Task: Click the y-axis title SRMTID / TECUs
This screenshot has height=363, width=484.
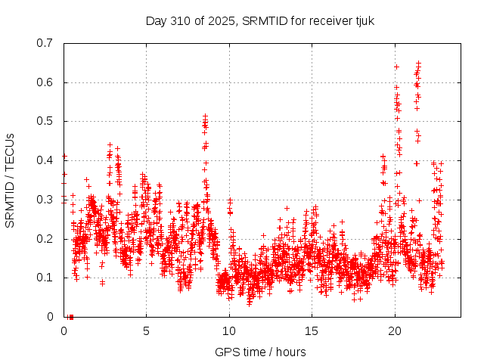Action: [x=11, y=180]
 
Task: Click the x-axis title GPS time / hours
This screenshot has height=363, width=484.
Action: [x=260, y=352]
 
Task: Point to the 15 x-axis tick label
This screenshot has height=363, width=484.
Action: [x=312, y=330]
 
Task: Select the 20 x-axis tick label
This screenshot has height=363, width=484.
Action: [x=395, y=330]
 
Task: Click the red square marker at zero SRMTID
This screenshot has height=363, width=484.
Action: [x=71, y=316]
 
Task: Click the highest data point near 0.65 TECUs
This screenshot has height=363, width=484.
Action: [x=418, y=64]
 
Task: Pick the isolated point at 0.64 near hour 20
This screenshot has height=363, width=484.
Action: [x=396, y=67]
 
